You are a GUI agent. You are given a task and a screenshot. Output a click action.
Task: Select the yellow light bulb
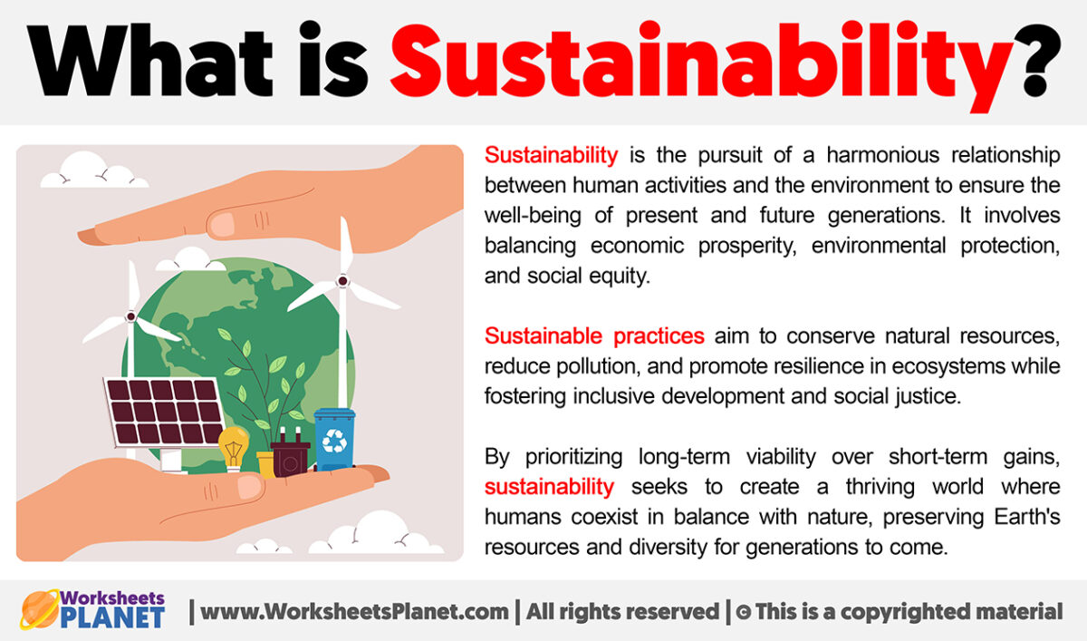(x=233, y=447)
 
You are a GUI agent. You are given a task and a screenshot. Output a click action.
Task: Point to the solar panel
(x=164, y=413)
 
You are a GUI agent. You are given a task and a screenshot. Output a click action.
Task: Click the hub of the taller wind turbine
(x=342, y=282)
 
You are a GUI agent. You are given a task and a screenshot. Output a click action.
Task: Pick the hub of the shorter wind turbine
(x=130, y=316)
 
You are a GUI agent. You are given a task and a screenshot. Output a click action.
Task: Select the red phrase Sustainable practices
(x=594, y=336)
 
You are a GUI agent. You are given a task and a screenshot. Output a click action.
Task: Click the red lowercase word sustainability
(x=549, y=487)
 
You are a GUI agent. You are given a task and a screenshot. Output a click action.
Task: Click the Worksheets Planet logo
(x=93, y=610)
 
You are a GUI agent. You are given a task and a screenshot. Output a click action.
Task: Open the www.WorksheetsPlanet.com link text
(x=354, y=612)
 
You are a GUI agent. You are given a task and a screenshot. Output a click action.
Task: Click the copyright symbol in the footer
(x=742, y=612)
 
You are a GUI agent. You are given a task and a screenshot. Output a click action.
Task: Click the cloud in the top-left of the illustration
(x=94, y=172)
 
